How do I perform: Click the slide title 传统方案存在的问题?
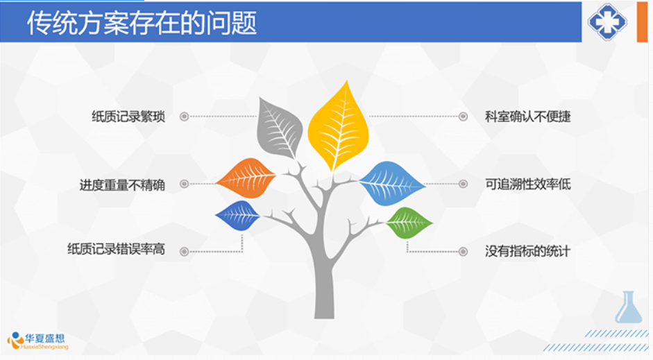coord(142,22)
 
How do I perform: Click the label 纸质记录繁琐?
coord(128,117)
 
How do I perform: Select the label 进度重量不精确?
coord(122,185)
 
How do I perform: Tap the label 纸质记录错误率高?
coord(116,249)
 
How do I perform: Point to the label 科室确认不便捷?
coord(527,117)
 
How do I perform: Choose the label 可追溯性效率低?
coord(527,184)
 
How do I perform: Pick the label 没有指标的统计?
coord(527,251)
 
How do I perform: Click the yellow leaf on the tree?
coord(338,127)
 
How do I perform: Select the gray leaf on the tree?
coord(278,128)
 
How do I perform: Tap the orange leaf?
coord(246,178)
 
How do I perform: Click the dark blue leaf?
coord(238,216)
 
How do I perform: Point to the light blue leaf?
coord(391,184)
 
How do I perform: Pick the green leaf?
coord(409,223)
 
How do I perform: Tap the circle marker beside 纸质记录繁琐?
coord(184,117)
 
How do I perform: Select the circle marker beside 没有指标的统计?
coord(463,251)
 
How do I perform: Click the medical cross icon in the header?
coord(607,22)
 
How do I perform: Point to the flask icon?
coord(629,307)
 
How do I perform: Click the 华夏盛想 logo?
coord(38,341)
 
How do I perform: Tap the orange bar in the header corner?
coord(642,22)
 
